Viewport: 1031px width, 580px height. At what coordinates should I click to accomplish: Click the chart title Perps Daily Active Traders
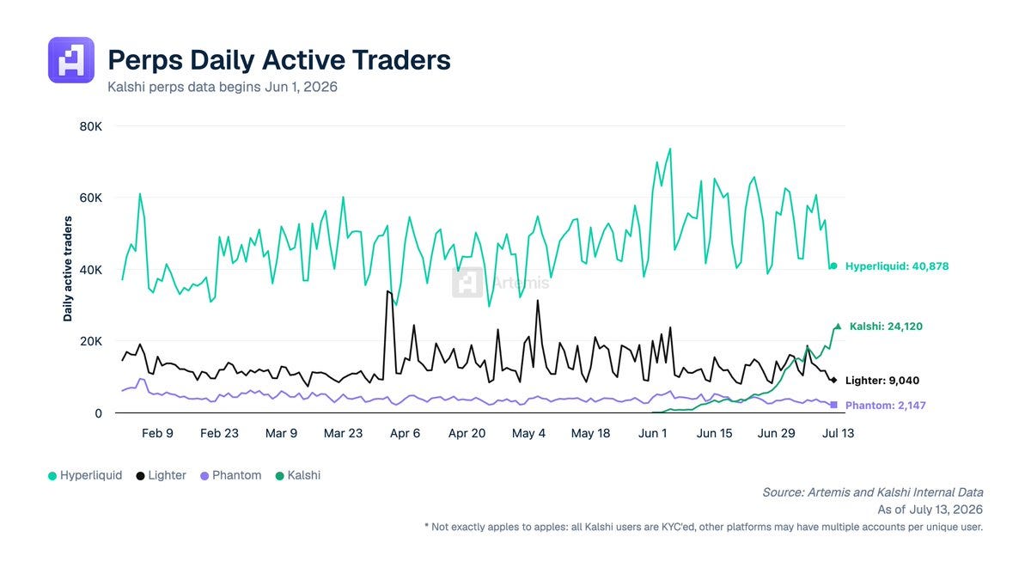click(x=279, y=60)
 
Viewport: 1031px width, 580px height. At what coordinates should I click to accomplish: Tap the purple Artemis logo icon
click(x=71, y=60)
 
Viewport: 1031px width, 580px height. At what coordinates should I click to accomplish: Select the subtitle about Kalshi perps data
click(x=223, y=87)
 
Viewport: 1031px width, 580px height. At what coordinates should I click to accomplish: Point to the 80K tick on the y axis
click(x=91, y=126)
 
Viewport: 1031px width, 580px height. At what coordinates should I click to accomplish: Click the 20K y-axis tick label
click(x=91, y=342)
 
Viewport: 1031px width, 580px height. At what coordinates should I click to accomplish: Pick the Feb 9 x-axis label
click(x=157, y=433)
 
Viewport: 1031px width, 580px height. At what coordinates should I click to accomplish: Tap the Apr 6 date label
click(x=405, y=433)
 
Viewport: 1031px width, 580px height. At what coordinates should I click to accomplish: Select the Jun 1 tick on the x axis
click(x=652, y=433)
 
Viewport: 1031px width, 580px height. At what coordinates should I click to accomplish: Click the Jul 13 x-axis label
click(x=839, y=433)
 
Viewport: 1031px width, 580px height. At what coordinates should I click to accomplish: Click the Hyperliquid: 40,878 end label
click(x=897, y=266)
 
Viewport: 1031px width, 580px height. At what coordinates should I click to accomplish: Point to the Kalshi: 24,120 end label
click(x=886, y=327)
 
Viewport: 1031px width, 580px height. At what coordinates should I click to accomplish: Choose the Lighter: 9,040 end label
click(x=882, y=380)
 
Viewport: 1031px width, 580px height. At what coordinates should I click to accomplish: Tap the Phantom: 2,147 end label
click(x=886, y=405)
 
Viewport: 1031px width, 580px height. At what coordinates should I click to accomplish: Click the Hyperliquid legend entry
click(x=85, y=475)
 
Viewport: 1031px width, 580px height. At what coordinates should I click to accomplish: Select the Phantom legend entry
click(x=230, y=475)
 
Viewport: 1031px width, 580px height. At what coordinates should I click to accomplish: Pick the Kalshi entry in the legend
click(x=298, y=475)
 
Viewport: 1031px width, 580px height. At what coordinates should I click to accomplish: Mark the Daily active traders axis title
click(x=68, y=269)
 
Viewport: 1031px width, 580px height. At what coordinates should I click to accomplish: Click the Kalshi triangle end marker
click(x=838, y=327)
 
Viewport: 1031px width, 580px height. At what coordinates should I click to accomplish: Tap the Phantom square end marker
click(x=833, y=405)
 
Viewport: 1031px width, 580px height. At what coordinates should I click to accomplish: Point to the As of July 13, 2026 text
click(x=930, y=510)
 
